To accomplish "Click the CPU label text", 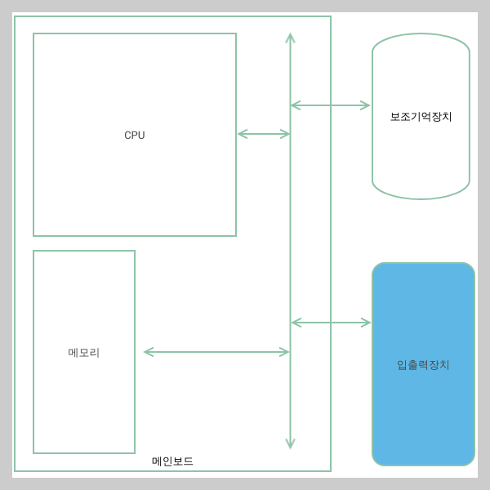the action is point(135,136).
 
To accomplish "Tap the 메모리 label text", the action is point(84,353).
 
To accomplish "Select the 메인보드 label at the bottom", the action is point(172,461).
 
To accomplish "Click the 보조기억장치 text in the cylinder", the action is point(421,117).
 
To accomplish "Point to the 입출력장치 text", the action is point(423,365).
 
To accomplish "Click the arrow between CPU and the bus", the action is point(264,134).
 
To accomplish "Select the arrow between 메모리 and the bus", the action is point(216,352).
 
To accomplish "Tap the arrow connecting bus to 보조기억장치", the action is point(331,105).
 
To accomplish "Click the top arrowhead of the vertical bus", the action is point(290,38).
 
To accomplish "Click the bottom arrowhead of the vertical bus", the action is point(290,443).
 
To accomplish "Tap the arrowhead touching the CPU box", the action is point(242,134).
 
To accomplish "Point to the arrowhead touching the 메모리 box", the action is point(149,352).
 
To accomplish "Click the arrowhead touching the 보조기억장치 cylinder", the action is point(365,105).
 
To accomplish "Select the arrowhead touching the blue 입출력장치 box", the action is point(366,323).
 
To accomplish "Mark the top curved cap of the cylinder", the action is point(421,41).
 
